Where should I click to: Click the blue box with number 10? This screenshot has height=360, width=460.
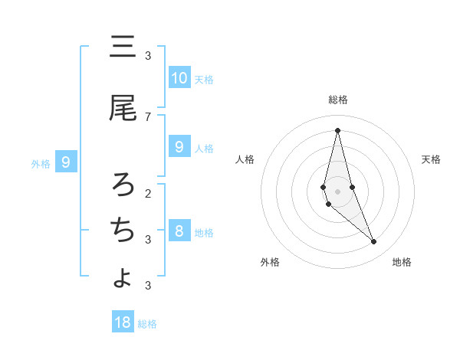[179, 78]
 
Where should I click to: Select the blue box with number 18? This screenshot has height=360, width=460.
[123, 322]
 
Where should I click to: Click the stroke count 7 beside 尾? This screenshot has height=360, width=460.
[148, 116]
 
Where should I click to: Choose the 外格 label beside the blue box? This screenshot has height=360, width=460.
[40, 163]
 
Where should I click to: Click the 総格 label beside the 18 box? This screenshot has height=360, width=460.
[147, 324]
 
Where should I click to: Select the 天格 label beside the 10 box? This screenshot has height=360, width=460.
[204, 80]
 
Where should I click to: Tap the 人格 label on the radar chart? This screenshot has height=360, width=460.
[245, 159]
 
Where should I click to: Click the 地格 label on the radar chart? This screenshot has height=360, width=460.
[402, 262]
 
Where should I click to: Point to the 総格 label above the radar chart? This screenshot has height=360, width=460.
[338, 100]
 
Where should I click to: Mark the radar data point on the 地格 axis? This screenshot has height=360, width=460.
[374, 242]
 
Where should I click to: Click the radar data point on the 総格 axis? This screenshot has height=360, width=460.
[337, 129]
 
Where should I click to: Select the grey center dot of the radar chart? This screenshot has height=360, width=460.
[337, 191]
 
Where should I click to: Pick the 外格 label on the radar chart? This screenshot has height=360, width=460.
[270, 262]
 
